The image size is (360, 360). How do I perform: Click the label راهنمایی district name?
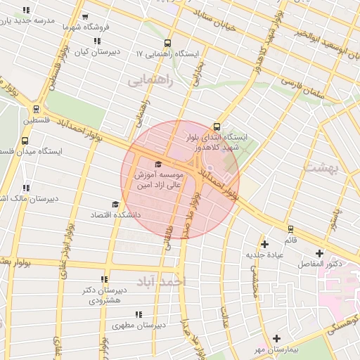150,81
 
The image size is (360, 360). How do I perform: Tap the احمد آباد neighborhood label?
165,281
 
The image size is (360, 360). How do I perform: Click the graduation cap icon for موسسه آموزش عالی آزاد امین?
157,165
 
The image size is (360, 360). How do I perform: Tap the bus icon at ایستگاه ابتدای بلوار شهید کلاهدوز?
216,127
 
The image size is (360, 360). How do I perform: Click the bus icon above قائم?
290,229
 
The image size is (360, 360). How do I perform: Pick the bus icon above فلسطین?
36,109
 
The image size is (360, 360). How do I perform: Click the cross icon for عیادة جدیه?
264,244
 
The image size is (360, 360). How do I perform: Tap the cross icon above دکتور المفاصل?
320,253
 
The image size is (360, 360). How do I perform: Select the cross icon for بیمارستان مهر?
276,339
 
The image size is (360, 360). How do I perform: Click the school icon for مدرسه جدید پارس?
27,11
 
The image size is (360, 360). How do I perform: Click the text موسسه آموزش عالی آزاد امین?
155,179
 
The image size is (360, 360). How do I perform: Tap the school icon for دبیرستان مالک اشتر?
27,188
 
